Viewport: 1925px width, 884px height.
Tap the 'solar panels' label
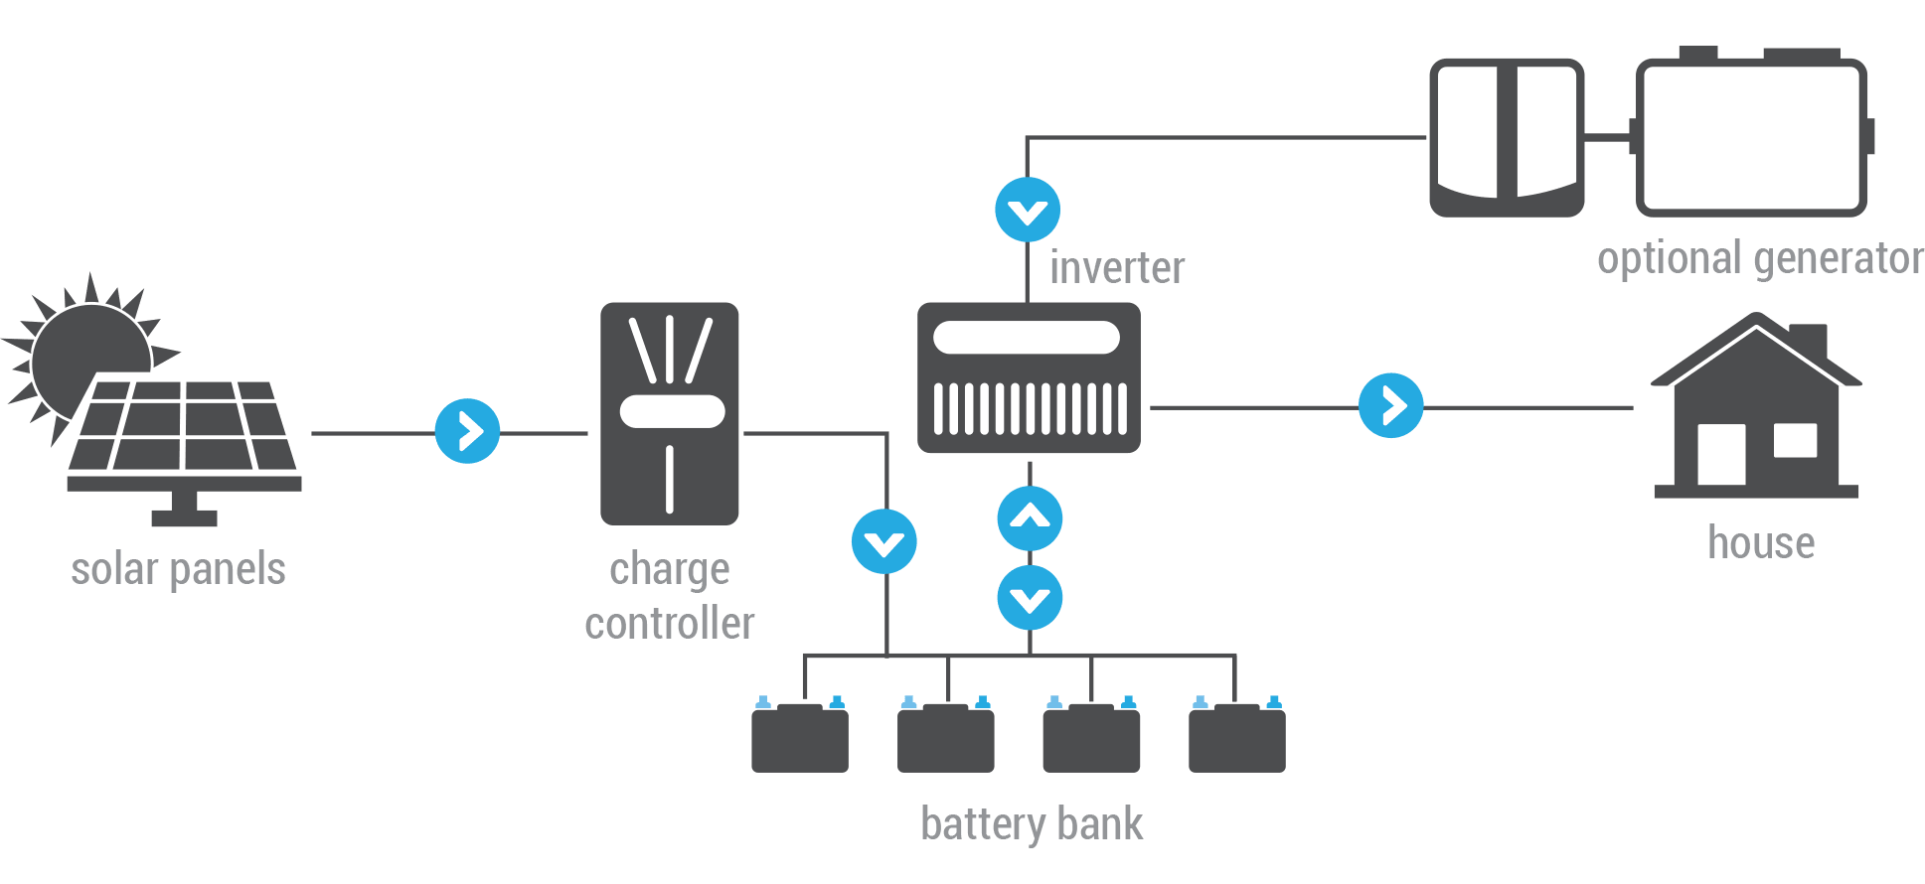178,570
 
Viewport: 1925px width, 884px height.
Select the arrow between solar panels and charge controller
467,431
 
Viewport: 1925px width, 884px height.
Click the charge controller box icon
670,413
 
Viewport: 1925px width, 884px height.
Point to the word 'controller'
670,624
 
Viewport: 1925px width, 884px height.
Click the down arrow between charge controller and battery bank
884,541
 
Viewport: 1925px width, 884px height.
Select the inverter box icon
1029,377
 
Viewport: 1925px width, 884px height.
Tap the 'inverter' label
1117,268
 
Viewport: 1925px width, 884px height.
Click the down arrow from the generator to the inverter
1028,210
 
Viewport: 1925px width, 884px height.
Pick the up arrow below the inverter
1030,518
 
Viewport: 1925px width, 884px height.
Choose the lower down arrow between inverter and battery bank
1030,598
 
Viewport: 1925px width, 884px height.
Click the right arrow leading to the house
1391,405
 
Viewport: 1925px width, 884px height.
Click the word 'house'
1761,543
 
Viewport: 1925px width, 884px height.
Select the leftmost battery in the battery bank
800,735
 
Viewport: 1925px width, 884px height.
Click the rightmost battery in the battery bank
1237,735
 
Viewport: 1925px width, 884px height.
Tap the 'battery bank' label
1032,824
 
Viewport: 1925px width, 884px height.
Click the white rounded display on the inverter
1027,338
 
